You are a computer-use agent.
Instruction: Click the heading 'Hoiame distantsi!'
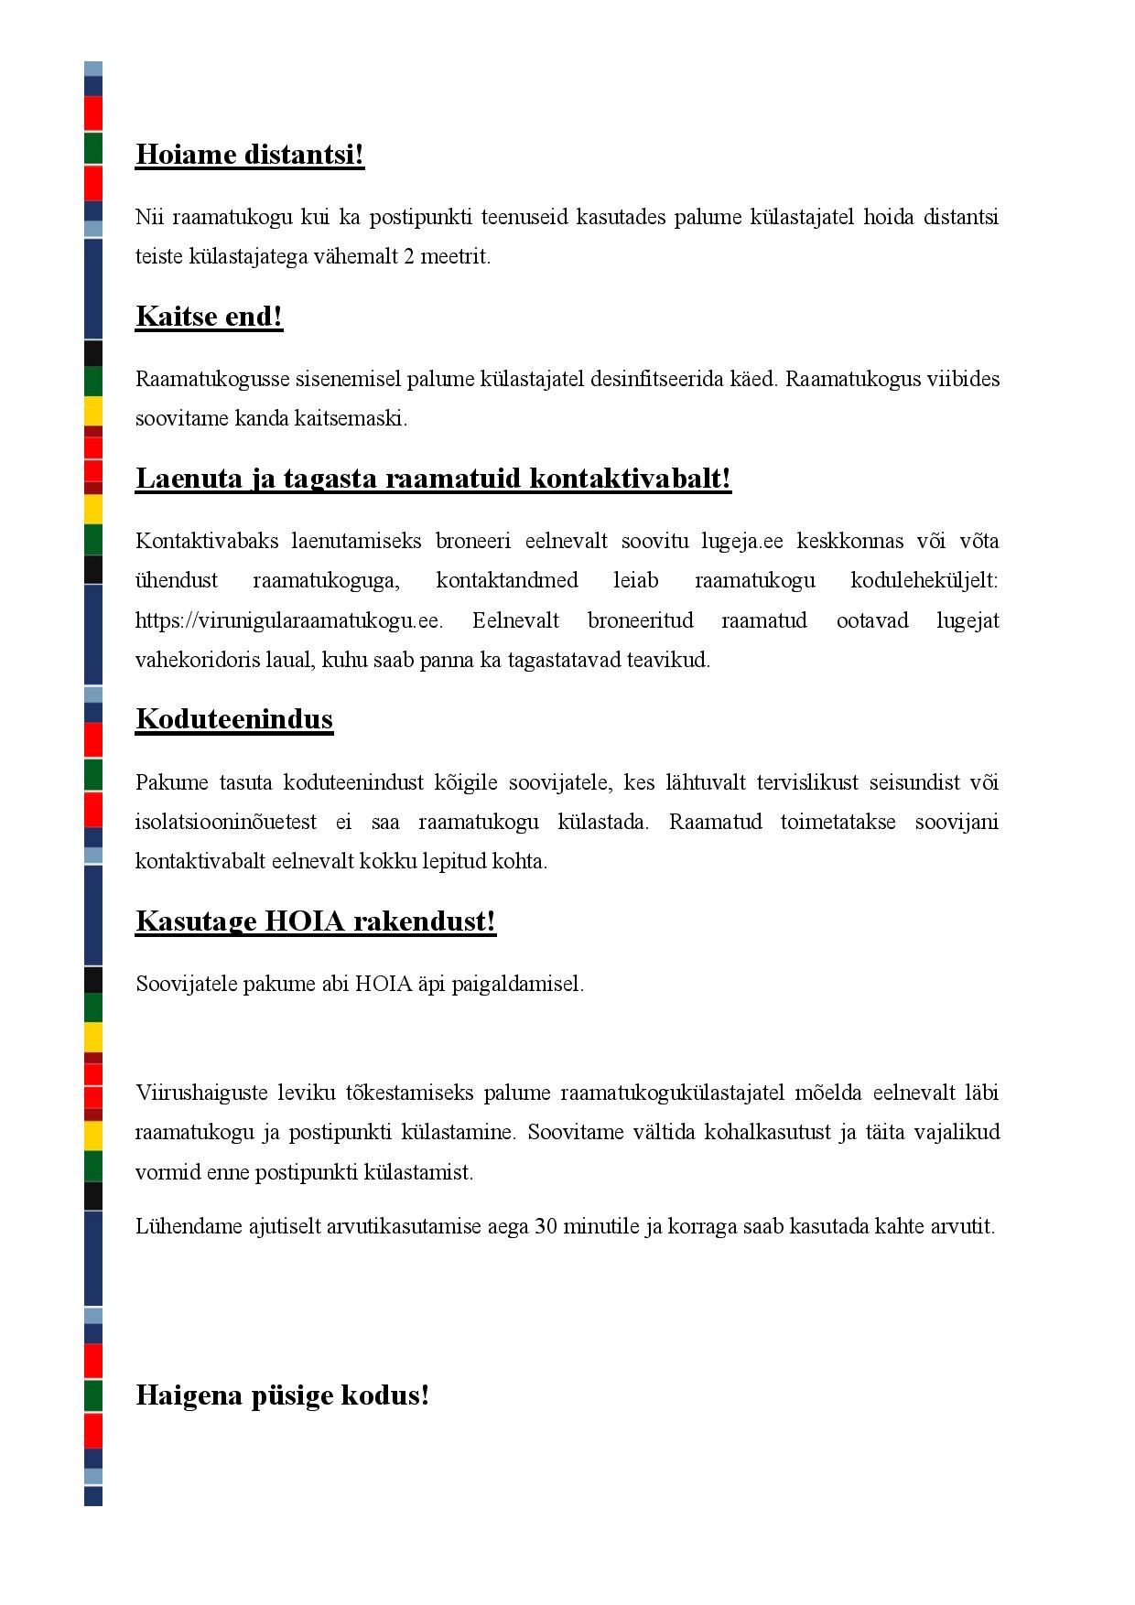point(250,155)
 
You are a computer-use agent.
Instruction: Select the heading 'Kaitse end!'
point(209,317)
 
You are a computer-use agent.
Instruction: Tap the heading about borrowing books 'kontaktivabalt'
point(433,479)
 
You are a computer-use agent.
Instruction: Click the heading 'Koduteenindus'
point(233,719)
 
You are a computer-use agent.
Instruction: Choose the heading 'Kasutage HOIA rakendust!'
point(316,921)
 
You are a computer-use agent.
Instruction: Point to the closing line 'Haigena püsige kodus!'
point(282,1395)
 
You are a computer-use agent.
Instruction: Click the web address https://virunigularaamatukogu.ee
point(289,620)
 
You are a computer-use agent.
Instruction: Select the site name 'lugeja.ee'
point(742,541)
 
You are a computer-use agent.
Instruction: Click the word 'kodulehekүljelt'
point(924,581)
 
